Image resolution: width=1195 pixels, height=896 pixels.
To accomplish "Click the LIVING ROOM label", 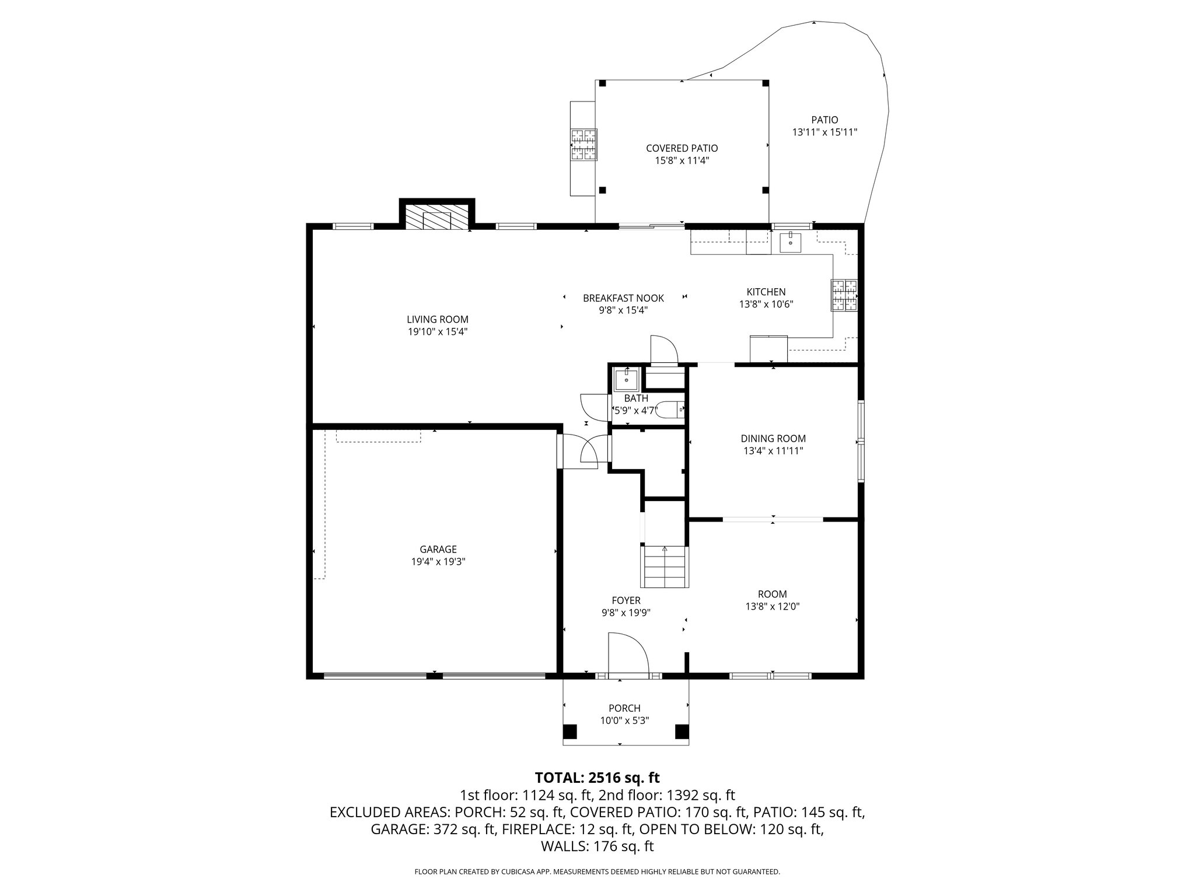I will [x=438, y=319].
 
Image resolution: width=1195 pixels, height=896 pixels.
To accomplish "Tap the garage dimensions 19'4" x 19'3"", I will [x=438, y=562].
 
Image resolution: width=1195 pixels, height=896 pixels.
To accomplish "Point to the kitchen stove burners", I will [x=844, y=296].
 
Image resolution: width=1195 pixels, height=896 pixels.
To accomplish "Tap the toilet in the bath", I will [x=672, y=410].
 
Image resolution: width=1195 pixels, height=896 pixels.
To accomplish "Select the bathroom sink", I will [x=627, y=380].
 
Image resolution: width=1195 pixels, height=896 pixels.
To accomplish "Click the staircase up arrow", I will [x=665, y=549].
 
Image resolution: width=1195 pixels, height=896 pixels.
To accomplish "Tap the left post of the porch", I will [x=569, y=731].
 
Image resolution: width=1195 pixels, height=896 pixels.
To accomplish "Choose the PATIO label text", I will [x=824, y=120].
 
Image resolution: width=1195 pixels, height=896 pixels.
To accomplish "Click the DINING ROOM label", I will [x=773, y=439].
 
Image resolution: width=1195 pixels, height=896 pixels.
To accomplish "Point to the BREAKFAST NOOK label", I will [x=623, y=298].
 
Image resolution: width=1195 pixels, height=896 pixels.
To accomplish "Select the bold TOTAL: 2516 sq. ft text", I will [x=597, y=778].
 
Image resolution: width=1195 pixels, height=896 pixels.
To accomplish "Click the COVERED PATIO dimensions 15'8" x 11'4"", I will [x=682, y=160].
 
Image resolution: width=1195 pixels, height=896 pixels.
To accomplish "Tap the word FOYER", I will [x=626, y=600].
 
